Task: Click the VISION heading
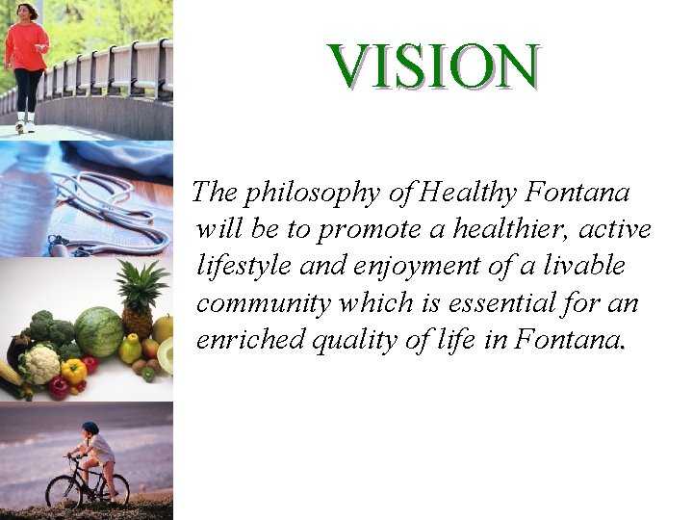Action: (433, 65)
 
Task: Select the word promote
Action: (362, 231)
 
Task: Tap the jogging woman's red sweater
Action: (26, 46)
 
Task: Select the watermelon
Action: (98, 331)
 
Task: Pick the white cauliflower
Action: (41, 364)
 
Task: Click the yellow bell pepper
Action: (73, 371)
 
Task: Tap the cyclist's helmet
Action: (90, 428)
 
